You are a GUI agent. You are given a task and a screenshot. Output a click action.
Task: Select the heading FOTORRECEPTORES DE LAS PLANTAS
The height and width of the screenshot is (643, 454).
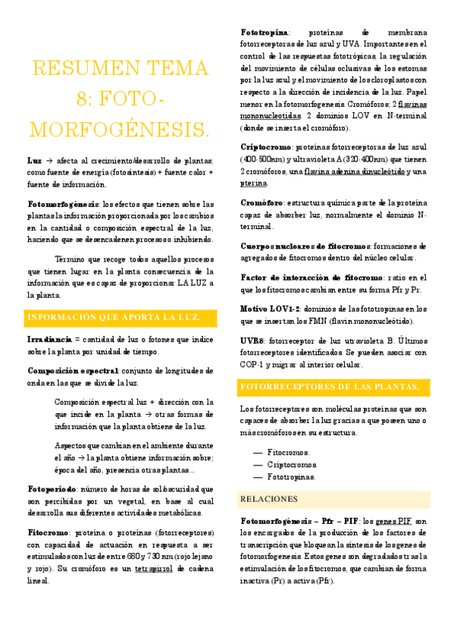click(330, 387)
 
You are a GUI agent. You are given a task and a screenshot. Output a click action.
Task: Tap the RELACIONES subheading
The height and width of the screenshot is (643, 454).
click(268, 500)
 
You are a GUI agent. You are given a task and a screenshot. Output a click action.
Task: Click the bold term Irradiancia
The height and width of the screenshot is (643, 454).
click(49, 337)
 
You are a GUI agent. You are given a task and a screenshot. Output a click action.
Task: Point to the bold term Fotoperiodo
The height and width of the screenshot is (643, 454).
click(52, 468)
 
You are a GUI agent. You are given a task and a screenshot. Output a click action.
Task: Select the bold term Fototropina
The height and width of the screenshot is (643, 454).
click(265, 33)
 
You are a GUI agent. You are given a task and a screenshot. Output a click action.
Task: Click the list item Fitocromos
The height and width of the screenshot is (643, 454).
click(286, 451)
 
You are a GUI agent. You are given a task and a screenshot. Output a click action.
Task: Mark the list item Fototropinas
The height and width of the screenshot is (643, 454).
click(292, 477)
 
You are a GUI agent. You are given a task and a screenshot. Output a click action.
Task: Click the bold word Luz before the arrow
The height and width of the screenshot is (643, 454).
click(34, 161)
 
